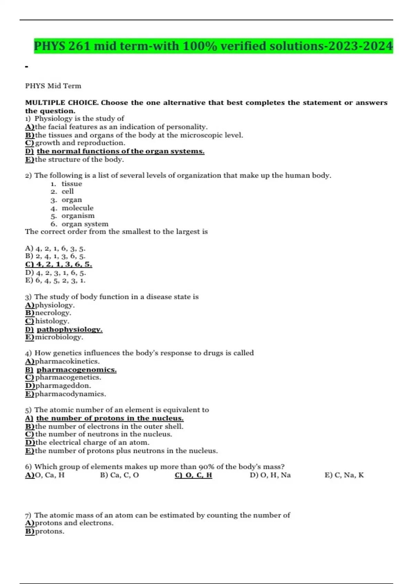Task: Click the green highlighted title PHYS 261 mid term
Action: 213,46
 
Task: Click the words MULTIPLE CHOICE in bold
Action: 62,103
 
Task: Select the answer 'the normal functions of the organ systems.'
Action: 120,151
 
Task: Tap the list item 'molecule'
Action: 77,208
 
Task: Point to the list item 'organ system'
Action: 85,224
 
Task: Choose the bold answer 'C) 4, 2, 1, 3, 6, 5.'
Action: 59,265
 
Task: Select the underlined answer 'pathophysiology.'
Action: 70,329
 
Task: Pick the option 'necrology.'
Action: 53,313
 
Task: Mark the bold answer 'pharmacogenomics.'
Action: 76,370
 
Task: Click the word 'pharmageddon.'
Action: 63,386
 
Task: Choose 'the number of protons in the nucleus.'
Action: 110,418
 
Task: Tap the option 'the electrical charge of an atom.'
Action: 92,442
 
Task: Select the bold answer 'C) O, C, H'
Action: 193,475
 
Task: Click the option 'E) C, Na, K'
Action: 344,475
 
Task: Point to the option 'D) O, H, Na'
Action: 270,475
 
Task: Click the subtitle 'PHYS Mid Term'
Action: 53,86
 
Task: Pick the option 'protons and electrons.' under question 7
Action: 74,523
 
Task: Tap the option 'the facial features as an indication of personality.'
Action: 121,127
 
